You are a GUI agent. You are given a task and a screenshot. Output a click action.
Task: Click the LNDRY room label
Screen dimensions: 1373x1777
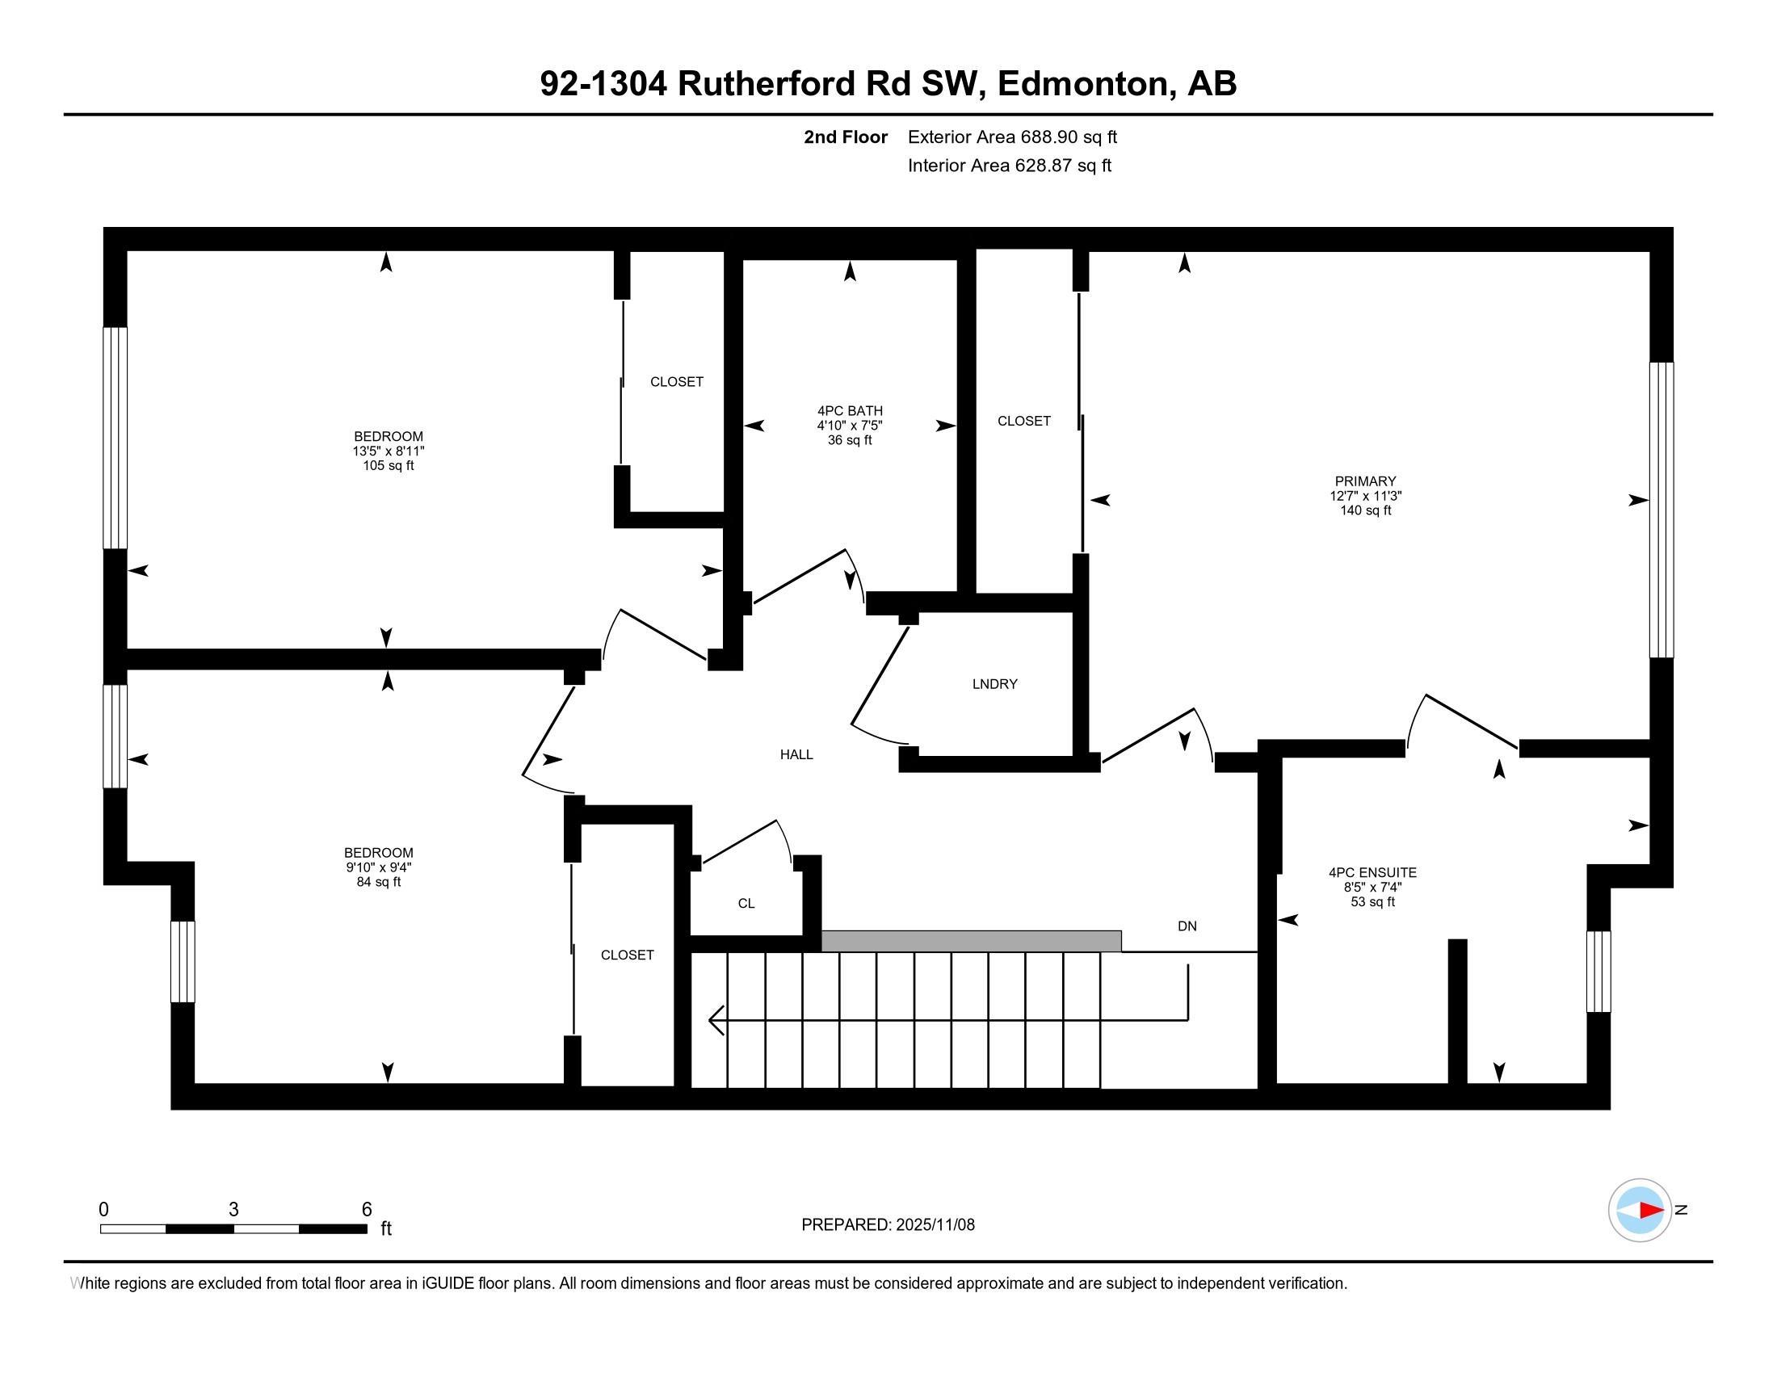point(994,684)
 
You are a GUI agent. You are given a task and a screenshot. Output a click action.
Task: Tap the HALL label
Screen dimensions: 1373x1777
point(796,755)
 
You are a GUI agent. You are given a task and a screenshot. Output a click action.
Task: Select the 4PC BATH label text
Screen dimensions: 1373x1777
point(850,411)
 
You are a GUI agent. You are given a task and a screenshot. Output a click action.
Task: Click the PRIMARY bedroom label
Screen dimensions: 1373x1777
point(1364,481)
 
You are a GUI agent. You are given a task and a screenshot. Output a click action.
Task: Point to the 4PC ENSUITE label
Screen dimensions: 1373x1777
point(1372,873)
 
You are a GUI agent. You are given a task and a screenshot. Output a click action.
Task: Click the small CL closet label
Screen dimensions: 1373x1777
point(746,904)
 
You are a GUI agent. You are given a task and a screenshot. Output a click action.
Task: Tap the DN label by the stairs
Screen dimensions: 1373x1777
point(1187,926)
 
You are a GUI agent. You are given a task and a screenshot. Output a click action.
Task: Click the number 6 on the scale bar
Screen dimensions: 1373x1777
point(366,1210)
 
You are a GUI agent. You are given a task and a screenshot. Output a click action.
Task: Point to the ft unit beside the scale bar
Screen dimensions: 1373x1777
point(385,1229)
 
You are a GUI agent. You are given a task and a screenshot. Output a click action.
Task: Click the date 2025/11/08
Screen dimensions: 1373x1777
point(934,1225)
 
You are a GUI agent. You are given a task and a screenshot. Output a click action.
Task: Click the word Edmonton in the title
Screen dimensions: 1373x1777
point(1082,84)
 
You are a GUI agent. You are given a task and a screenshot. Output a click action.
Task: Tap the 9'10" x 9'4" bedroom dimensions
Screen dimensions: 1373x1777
point(377,868)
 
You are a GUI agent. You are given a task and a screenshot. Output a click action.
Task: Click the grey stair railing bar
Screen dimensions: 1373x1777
point(971,941)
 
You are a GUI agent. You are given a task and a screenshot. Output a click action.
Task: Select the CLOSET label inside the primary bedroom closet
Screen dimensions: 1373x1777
point(1023,421)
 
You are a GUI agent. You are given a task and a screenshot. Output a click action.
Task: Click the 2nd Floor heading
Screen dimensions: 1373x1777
point(845,137)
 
